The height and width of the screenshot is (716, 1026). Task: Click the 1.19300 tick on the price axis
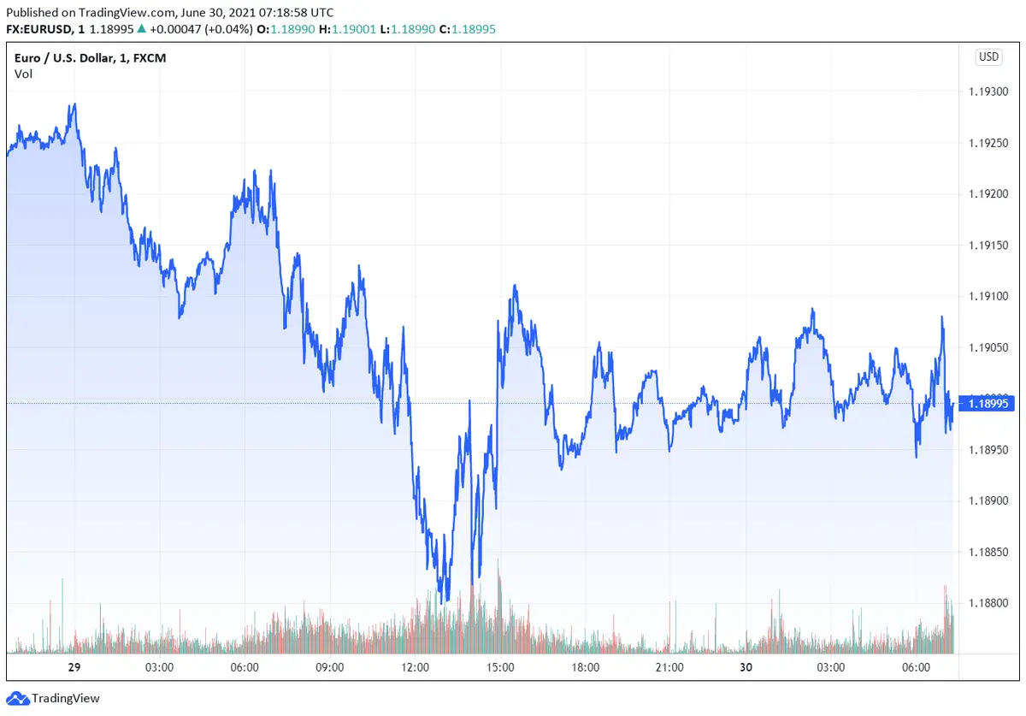pyautogui.click(x=988, y=92)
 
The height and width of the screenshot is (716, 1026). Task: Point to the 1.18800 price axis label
pyautogui.click(x=988, y=603)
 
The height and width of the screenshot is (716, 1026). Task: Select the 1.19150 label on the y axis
pyautogui.click(x=988, y=246)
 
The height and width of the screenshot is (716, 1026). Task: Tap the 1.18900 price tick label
pyautogui.click(x=988, y=500)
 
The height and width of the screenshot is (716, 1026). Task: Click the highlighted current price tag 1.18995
pyautogui.click(x=988, y=404)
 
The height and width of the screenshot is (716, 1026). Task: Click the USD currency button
pyautogui.click(x=988, y=57)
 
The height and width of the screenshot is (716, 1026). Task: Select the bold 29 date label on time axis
pyautogui.click(x=74, y=667)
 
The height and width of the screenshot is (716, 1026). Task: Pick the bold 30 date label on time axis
pyautogui.click(x=746, y=667)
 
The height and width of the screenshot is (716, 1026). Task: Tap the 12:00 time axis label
pyautogui.click(x=415, y=667)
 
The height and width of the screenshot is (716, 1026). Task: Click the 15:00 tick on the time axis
pyautogui.click(x=499, y=667)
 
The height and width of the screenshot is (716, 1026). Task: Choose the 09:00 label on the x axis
pyautogui.click(x=330, y=667)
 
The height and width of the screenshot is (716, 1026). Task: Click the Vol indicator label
pyautogui.click(x=23, y=74)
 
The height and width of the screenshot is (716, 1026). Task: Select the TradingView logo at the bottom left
pyautogui.click(x=54, y=698)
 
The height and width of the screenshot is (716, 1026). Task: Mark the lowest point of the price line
pyautogui.click(x=442, y=602)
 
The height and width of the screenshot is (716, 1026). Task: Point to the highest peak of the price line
pyautogui.click(x=75, y=104)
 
